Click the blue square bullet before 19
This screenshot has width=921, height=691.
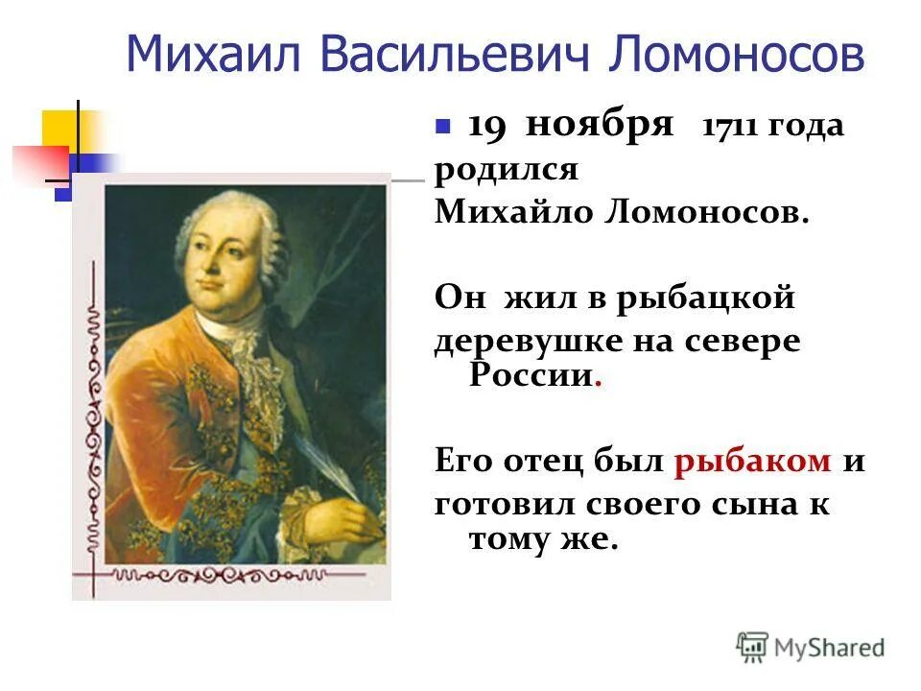pos(442,127)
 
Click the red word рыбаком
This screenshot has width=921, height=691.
pos(752,461)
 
